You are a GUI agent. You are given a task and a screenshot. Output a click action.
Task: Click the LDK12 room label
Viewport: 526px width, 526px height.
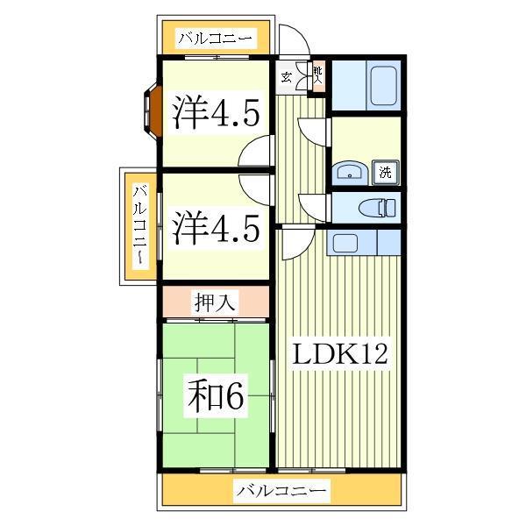340,354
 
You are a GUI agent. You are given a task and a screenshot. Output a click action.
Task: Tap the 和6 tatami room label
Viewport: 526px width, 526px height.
216,395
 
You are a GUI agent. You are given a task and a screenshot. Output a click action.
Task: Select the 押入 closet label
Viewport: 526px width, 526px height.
215,302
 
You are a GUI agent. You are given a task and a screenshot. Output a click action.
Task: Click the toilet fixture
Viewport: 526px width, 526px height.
377,207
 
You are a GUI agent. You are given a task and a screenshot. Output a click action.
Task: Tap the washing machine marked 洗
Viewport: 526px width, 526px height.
386,173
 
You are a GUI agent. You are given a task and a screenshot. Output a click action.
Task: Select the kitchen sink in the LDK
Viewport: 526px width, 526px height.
345,243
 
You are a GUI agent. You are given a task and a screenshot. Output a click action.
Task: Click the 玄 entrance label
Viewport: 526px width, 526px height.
286,77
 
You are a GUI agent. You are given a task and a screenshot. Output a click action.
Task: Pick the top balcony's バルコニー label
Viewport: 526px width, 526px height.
215,39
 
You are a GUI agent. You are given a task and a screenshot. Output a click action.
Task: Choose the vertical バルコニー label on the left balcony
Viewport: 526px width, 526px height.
140,225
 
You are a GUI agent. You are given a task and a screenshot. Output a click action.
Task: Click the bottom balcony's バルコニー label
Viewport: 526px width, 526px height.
281,490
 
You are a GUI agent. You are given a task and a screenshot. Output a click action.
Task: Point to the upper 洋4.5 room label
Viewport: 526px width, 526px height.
216,111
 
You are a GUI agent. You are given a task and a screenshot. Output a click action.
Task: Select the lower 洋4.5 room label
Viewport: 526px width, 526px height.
216,227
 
